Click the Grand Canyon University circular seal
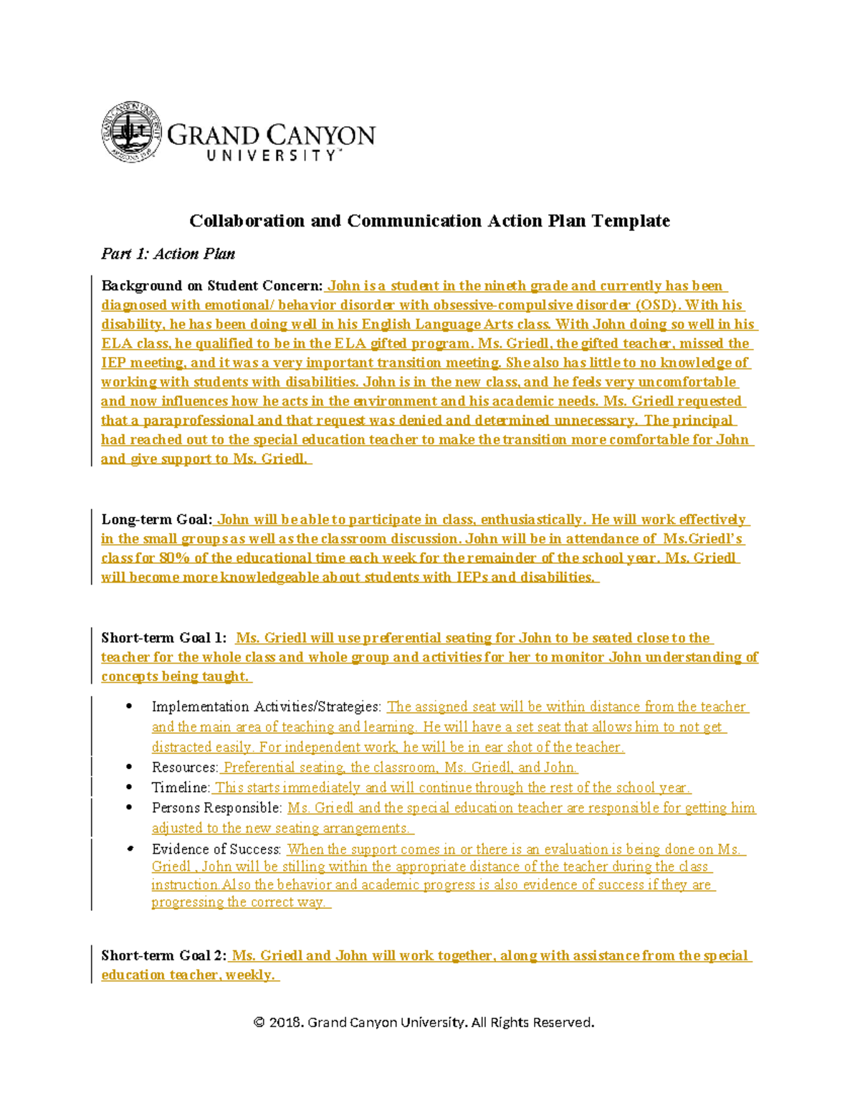tap(131, 132)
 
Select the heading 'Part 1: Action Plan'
tap(168, 254)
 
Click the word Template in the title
tap(630, 221)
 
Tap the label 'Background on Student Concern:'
tap(211, 286)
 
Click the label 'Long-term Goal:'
tap(157, 520)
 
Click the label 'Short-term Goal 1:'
tap(164, 638)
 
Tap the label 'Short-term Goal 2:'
tap(164, 955)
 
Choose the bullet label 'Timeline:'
tap(181, 788)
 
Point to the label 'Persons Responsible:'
tap(217, 808)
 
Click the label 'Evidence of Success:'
tap(216, 849)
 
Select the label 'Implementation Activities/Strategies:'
tap(267, 707)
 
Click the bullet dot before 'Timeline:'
tap(129, 788)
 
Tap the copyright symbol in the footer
tap(259, 1023)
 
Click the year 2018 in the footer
tap(285, 1023)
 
